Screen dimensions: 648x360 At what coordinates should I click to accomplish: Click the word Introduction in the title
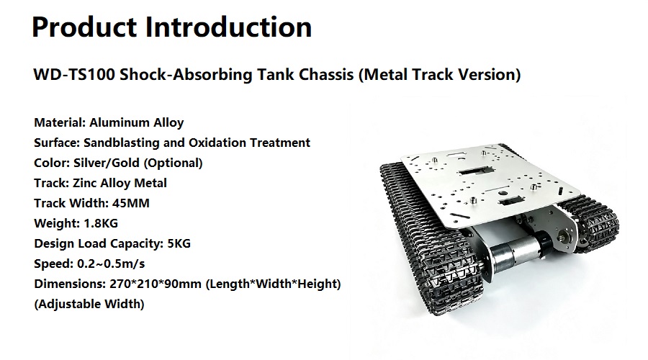pos(228,27)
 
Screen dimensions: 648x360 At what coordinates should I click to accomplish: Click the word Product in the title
pos(84,27)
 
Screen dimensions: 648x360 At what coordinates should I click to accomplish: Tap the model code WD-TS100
pos(74,74)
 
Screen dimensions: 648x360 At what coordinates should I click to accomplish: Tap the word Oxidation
pos(217,143)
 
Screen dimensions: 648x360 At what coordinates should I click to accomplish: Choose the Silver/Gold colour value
pos(107,163)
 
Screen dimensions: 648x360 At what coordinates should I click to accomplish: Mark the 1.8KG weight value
pos(101,223)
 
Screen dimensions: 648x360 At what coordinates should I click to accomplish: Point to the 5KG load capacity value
pos(179,243)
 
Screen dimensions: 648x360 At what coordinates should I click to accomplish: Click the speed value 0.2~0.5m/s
pos(111,264)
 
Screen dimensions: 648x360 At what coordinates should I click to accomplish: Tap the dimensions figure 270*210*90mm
pos(156,284)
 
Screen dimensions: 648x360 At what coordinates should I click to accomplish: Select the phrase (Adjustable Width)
pos(89,305)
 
